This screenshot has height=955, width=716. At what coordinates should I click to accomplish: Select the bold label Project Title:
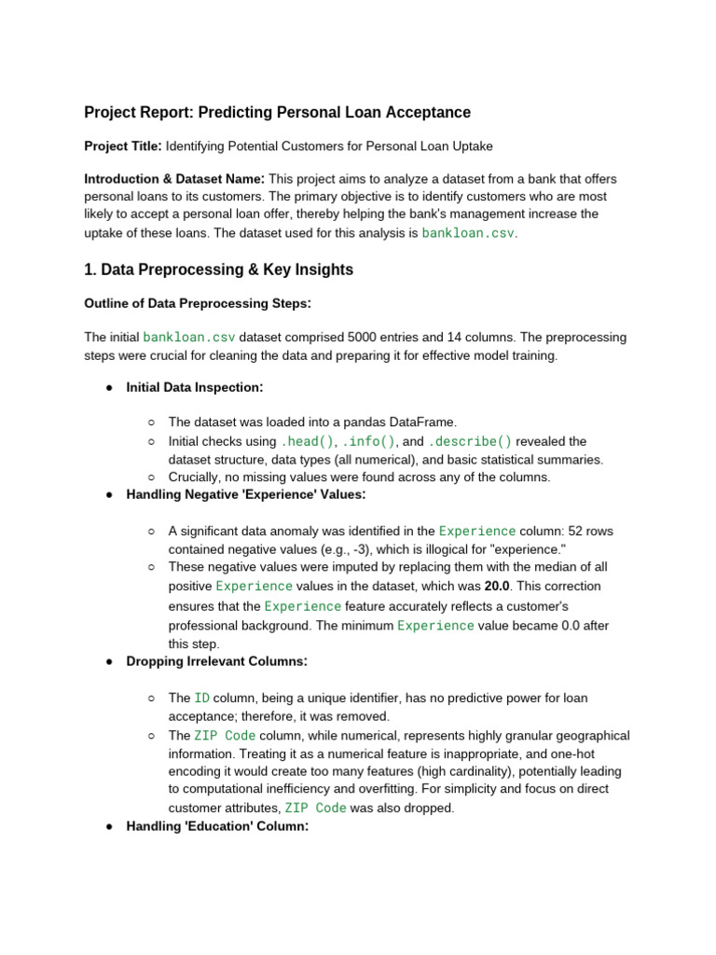(x=123, y=146)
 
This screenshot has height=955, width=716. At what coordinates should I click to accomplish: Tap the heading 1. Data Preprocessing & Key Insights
(x=218, y=270)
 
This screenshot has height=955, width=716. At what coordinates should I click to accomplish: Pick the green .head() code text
(x=307, y=441)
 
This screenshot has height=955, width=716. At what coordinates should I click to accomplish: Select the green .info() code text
(x=369, y=441)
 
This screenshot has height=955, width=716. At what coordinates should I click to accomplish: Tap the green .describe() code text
(x=470, y=441)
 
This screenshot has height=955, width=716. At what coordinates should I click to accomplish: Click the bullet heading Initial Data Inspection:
(x=194, y=387)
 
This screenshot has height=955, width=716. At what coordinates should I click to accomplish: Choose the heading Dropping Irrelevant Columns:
(x=216, y=661)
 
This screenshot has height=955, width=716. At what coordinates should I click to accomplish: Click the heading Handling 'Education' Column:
(x=217, y=826)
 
